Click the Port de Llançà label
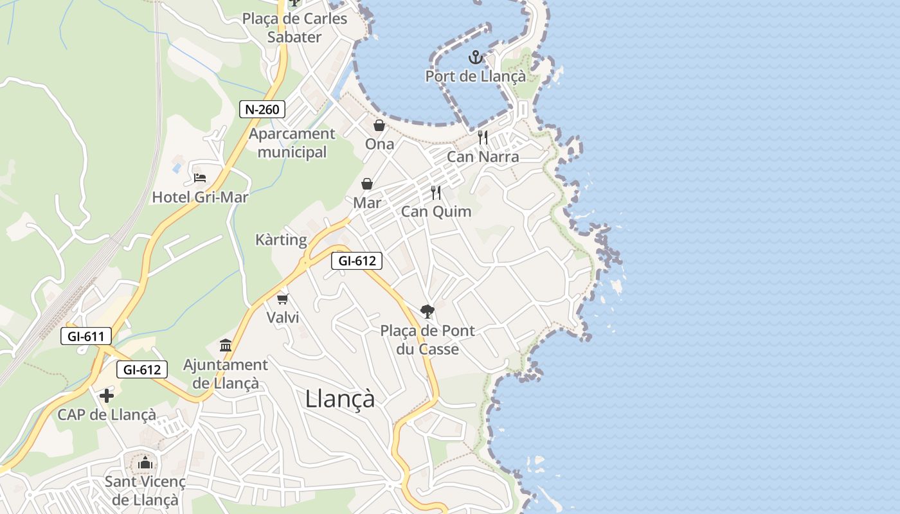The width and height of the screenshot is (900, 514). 475,76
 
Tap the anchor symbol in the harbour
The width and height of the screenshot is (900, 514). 475,58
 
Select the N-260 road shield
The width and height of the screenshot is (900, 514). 262,109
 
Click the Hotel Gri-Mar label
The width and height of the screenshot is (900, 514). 200,197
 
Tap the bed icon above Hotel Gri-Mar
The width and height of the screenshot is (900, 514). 200,177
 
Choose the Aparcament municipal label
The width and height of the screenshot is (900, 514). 292,143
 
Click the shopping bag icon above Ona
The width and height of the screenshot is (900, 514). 379,125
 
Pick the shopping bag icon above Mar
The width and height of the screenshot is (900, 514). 367,184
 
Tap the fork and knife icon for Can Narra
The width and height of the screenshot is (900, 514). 483,137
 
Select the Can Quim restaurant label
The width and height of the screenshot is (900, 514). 436,211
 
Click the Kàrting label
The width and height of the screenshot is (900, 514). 281,240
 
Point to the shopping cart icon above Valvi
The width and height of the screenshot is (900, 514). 283,299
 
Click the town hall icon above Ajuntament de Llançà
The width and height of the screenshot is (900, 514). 226,346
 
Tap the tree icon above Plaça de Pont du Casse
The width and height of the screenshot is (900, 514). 427,312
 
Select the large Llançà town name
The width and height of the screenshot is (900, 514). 339,398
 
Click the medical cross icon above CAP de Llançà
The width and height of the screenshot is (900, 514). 107,396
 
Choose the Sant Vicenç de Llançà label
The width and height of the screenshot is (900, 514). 145,491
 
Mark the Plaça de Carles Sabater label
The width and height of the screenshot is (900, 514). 294,28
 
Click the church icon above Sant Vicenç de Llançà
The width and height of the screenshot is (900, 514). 145,463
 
